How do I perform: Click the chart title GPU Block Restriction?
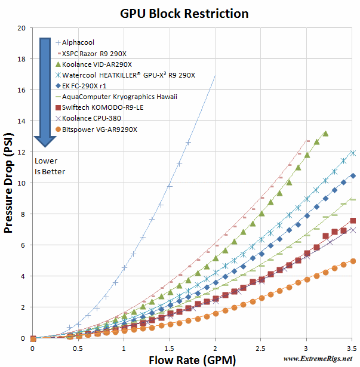[x=184, y=12]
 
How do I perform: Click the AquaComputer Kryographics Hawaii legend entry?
[x=119, y=97]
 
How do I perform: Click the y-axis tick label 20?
[x=21, y=28]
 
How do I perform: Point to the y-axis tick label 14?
[x=21, y=121]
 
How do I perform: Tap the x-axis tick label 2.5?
[x=261, y=348]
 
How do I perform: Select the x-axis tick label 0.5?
[x=78, y=348]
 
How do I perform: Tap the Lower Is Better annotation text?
[x=50, y=166]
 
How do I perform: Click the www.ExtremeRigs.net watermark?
[x=318, y=359]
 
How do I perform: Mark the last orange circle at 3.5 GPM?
[x=353, y=261]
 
